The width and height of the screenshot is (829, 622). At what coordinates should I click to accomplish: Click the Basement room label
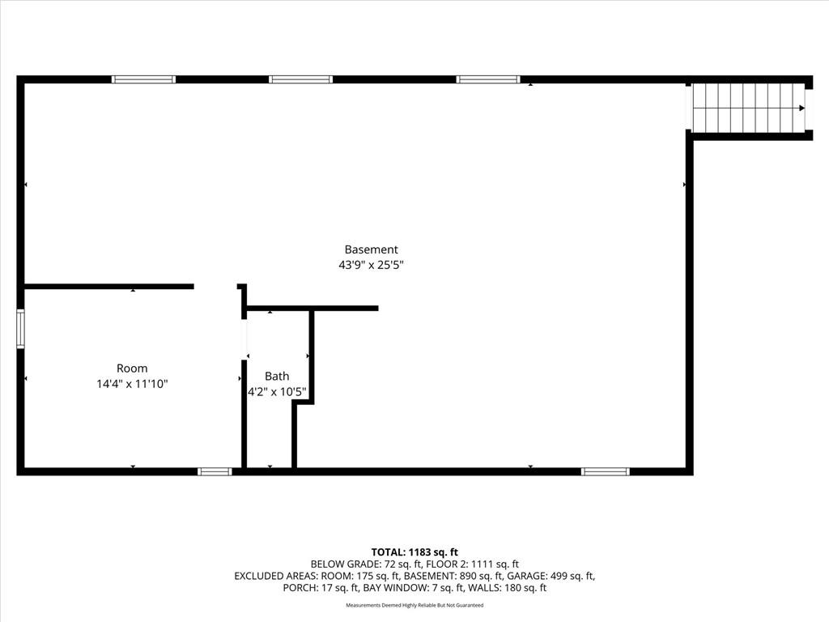371,249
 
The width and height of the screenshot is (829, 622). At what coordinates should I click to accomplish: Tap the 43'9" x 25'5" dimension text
371,265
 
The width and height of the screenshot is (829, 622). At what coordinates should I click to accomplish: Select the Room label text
132,369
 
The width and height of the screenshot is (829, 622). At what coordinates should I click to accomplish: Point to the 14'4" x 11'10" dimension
132,384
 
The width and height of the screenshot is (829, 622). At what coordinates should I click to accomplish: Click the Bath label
277,376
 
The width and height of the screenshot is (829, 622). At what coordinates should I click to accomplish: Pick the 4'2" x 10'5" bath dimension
277,393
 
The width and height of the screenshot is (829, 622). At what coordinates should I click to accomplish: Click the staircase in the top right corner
749,108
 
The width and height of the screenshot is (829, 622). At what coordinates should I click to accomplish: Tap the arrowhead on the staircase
801,108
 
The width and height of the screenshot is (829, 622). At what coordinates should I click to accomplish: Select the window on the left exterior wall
20,329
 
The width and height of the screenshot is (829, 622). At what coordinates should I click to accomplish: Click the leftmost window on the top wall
143,79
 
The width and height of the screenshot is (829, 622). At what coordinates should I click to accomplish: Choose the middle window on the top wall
301,79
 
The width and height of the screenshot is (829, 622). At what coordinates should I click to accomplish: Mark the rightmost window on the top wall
488,79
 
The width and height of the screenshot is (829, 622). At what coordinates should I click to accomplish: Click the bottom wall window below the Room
215,472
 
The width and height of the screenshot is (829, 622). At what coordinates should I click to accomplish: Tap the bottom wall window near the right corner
606,472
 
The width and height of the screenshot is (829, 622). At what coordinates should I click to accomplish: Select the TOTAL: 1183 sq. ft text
414,552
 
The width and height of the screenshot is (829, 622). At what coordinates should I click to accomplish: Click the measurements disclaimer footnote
414,605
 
